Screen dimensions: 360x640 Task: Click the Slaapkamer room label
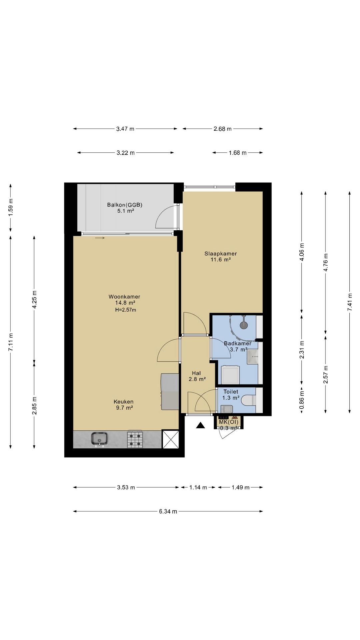point(221,254)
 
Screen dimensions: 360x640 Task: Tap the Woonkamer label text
point(124,297)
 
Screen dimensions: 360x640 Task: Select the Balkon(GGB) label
point(125,205)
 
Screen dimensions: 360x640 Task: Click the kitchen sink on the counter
point(99,439)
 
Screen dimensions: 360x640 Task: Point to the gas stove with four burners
point(135,439)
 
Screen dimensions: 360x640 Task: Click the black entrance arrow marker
point(200,425)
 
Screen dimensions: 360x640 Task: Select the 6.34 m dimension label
point(168,511)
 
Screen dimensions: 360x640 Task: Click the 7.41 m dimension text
point(350,302)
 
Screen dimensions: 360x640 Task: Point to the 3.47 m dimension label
point(125,129)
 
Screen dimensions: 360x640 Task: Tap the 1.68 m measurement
point(238,153)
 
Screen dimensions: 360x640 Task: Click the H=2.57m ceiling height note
point(126,310)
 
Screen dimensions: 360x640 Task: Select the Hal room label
point(196,373)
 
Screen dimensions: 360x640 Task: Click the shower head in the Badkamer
point(244,324)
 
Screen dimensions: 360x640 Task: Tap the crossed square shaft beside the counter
point(171,439)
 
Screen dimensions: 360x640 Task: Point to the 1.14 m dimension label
point(198,487)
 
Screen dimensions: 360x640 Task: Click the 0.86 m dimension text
point(302,400)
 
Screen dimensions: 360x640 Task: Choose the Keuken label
point(123,402)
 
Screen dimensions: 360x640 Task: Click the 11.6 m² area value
point(221,260)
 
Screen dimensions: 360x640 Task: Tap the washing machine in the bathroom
point(231,375)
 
